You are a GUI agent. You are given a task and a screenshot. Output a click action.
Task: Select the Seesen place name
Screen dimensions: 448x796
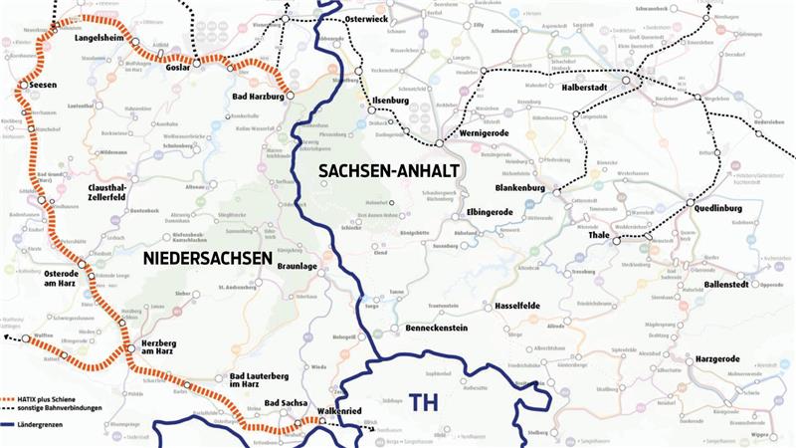point(45,85)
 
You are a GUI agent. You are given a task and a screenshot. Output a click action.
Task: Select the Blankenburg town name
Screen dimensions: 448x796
point(522,188)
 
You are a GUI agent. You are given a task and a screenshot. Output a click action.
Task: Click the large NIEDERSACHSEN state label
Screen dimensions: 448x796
point(207,259)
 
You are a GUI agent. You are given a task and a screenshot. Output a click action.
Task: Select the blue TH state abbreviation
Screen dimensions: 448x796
point(423,401)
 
